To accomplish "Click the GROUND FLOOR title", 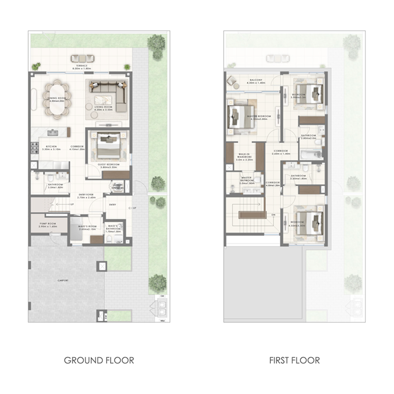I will [x=98, y=361].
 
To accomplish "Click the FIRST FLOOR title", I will [x=295, y=361].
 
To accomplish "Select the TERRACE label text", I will [x=82, y=66].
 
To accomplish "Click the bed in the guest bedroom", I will [x=108, y=146].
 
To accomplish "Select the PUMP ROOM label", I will [x=48, y=225].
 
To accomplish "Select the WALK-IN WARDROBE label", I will [x=244, y=157].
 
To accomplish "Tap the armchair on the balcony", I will [x=231, y=79].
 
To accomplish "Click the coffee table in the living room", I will [x=93, y=106].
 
